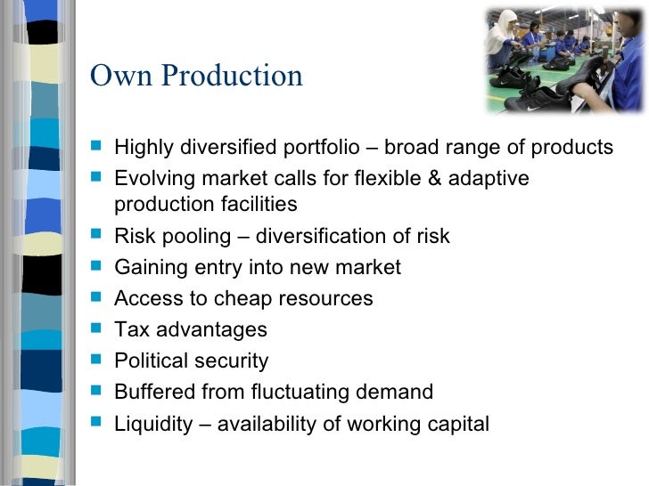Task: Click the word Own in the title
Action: pos(121,75)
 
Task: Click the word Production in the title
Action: pos(232,75)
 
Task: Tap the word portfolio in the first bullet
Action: pos(321,148)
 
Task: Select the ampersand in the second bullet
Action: pos(434,178)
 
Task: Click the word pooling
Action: pos(196,237)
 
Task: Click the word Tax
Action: pos(132,329)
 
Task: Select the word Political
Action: pos(152,360)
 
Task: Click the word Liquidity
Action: pos(153,425)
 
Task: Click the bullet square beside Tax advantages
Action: pos(96,328)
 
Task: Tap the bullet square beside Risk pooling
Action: pos(96,234)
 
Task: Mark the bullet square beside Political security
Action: pos(96,359)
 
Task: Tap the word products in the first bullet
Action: pos(572,148)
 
